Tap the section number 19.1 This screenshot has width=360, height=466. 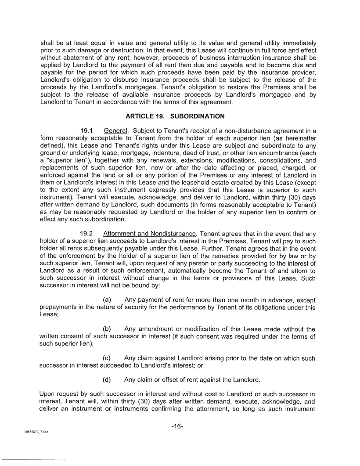(x=87, y=131)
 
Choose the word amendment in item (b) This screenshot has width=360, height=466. (x=158, y=329)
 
